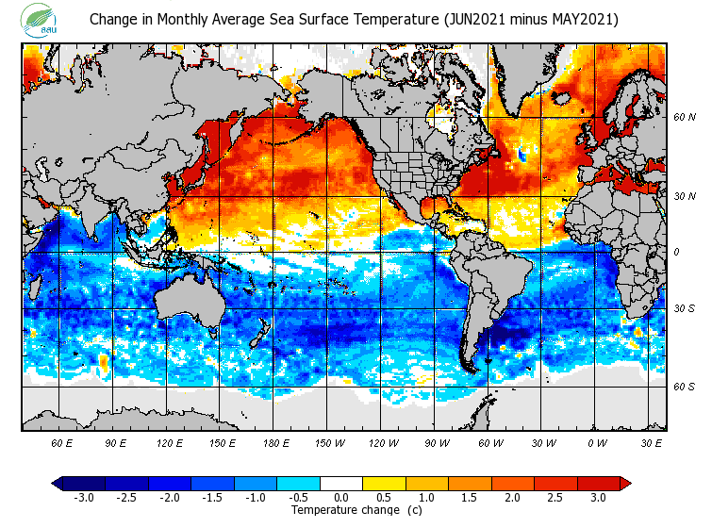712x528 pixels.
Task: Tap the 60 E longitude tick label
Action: coord(62,442)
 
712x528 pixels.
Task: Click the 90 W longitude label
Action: coord(437,442)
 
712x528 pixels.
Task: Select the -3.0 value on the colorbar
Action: coord(83,497)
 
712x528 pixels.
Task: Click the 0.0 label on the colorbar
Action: coord(341,497)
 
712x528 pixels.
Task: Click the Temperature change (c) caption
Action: coord(342,510)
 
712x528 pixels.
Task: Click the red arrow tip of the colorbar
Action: coord(624,484)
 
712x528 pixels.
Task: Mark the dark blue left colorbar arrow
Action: coord(58,484)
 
